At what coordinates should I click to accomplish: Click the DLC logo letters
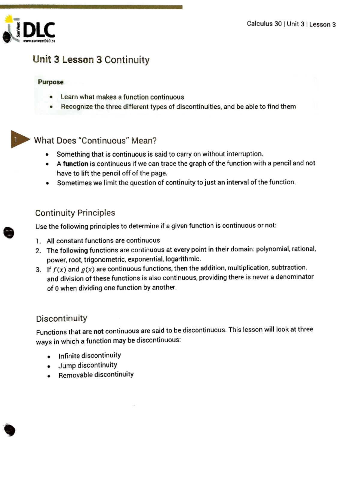pyautogui.click(x=39, y=30)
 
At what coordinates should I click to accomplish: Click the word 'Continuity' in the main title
pyautogui.click(x=127, y=60)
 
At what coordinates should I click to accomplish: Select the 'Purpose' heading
pyautogui.click(x=50, y=82)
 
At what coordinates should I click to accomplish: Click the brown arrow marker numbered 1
pyautogui.click(x=19, y=139)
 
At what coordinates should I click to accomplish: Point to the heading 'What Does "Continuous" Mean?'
pyautogui.click(x=95, y=140)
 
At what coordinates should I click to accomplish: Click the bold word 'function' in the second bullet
pyautogui.click(x=75, y=164)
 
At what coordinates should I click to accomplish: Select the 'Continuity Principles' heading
pyautogui.click(x=75, y=213)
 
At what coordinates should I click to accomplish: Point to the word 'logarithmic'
pyautogui.click(x=182, y=259)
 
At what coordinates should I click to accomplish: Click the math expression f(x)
pyautogui.click(x=59, y=269)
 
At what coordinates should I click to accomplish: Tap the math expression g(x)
pyautogui.click(x=88, y=269)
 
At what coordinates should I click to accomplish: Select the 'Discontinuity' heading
pyautogui.click(x=61, y=318)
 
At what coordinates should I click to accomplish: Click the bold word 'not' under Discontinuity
pyautogui.click(x=98, y=331)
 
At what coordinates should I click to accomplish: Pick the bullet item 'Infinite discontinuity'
pyautogui.click(x=89, y=355)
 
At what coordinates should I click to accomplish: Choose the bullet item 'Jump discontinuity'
pyautogui.click(x=88, y=365)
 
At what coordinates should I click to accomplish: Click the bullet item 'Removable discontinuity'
pyautogui.click(x=96, y=375)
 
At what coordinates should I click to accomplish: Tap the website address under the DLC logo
pyautogui.click(x=39, y=41)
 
